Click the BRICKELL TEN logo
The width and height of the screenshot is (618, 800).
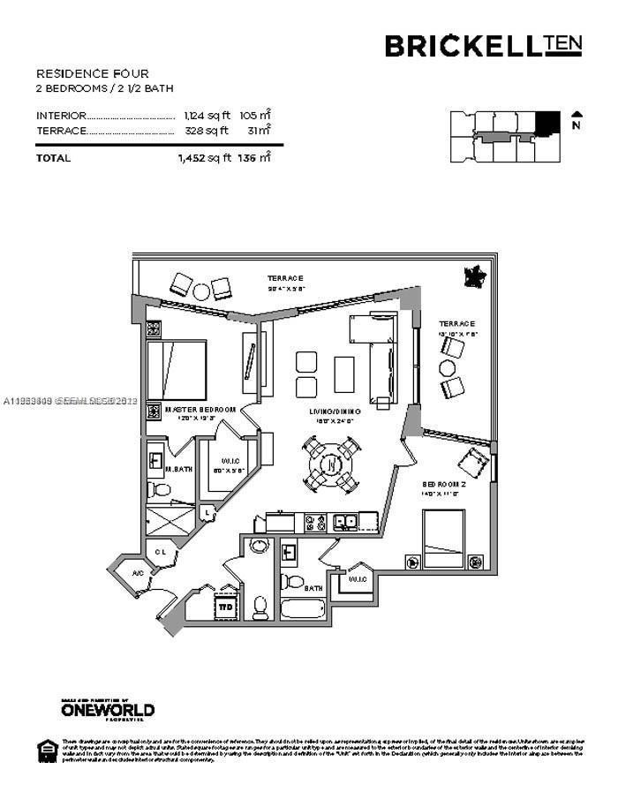coord(484,45)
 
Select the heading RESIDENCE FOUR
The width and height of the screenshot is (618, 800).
coord(93,73)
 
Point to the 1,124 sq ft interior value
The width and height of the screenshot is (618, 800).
coord(206,116)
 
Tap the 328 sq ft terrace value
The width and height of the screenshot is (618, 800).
coord(207,131)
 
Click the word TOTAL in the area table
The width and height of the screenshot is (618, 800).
coord(53,158)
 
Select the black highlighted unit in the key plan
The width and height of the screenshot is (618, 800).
coord(549,123)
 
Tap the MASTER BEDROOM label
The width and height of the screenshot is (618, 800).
coord(200,410)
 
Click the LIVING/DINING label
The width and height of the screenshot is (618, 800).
coord(331,412)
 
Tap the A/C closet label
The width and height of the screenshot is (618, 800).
coord(139,574)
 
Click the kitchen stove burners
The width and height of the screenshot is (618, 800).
coord(315,522)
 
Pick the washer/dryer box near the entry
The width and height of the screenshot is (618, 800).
coord(226,608)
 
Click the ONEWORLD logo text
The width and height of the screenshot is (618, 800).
coord(108,709)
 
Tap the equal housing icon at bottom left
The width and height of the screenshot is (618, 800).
coord(45,750)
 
